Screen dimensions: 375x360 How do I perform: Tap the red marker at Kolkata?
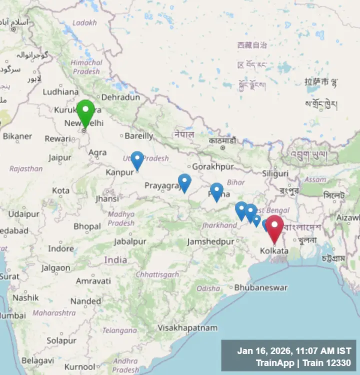click(x=274, y=227)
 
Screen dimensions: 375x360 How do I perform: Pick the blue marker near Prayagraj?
click(x=184, y=182)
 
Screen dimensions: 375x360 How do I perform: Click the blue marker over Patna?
click(x=216, y=191)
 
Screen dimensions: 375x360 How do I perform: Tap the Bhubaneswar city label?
click(x=261, y=287)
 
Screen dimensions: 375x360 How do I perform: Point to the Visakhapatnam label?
click(x=187, y=328)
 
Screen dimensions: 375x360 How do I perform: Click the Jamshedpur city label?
click(x=210, y=241)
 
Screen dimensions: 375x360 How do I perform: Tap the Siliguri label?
click(x=275, y=173)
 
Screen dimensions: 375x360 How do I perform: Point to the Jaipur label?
click(x=60, y=158)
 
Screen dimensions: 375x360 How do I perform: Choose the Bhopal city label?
click(x=87, y=226)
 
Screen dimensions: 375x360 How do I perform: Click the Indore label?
click(x=61, y=248)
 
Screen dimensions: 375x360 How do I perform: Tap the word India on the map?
click(x=115, y=260)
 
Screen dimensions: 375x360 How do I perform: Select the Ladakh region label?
click(x=84, y=23)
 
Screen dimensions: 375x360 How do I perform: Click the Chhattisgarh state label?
click(x=157, y=274)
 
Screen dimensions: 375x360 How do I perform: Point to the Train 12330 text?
click(x=328, y=363)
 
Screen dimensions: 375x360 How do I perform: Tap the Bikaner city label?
click(x=17, y=136)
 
